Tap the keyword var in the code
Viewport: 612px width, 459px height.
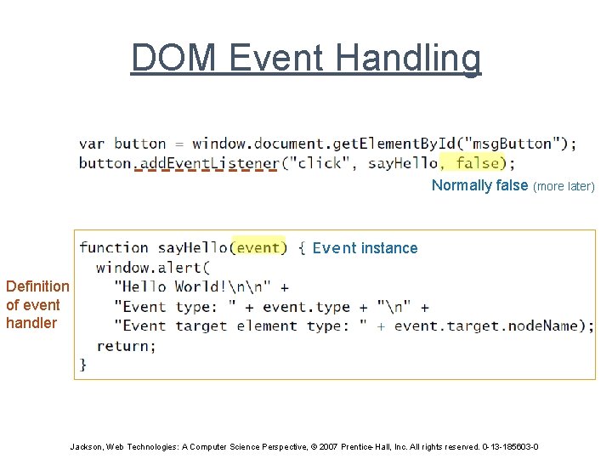[x=92, y=144]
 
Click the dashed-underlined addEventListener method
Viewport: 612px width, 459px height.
[x=207, y=162]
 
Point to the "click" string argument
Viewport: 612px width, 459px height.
[x=318, y=162]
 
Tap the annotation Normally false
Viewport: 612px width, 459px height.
[x=479, y=185]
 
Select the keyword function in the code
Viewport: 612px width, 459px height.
[x=114, y=247]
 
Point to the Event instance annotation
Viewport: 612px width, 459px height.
[x=365, y=248]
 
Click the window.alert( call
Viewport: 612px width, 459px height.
[x=148, y=267]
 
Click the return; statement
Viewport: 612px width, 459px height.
[x=127, y=345]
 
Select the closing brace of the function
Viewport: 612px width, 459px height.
[x=83, y=364]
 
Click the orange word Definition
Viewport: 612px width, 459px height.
[x=37, y=286]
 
